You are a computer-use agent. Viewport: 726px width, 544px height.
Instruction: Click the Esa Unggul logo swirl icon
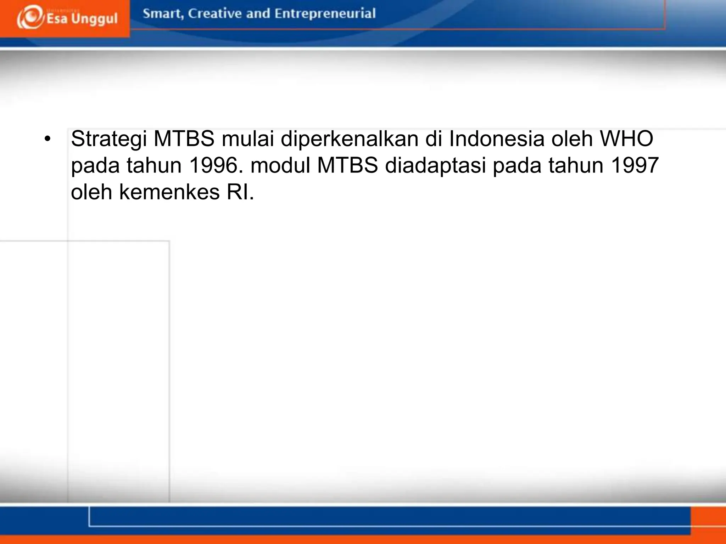tap(30, 17)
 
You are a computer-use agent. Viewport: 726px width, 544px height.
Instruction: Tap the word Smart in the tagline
tap(163, 14)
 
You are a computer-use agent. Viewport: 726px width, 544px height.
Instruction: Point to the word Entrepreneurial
tap(325, 14)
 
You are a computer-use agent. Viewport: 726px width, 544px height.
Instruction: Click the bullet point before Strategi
tap(48, 139)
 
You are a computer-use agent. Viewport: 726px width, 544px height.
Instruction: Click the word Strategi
tap(109, 139)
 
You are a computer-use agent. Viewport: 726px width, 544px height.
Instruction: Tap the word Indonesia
tap(497, 138)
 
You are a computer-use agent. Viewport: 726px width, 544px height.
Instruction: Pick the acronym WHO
tap(626, 138)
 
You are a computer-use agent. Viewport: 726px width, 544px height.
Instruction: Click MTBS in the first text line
tap(184, 138)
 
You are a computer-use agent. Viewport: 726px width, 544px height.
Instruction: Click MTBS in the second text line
tap(347, 165)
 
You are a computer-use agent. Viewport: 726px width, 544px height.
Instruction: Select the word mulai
tap(248, 138)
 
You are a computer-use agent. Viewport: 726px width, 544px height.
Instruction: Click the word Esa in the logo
tap(57, 18)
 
